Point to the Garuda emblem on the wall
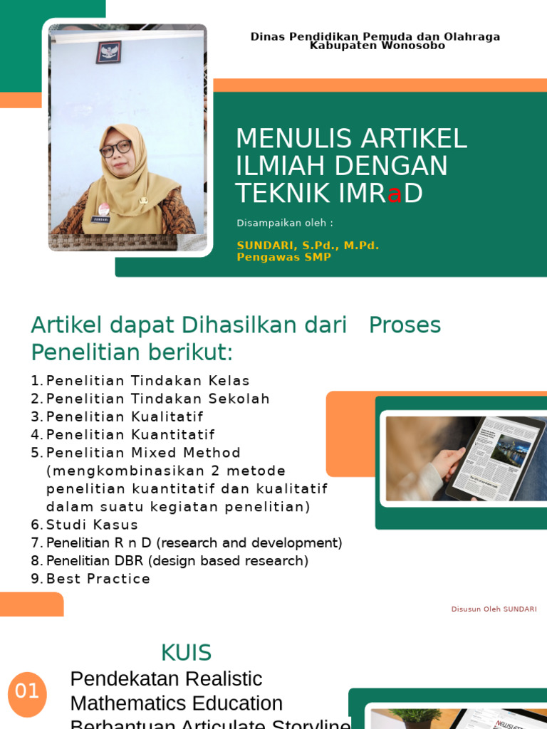(x=108, y=51)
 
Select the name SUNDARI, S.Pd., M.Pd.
(x=308, y=246)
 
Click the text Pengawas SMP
(x=283, y=257)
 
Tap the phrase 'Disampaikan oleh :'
(x=285, y=223)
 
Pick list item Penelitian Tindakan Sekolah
(x=157, y=399)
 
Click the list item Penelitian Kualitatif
(x=125, y=416)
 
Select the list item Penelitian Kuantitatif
(x=130, y=434)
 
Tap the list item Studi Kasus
(x=92, y=525)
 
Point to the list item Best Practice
(x=98, y=579)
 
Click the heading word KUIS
(x=186, y=652)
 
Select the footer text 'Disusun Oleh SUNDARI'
(x=494, y=609)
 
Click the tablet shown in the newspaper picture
(x=495, y=458)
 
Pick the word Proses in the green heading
(x=405, y=325)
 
